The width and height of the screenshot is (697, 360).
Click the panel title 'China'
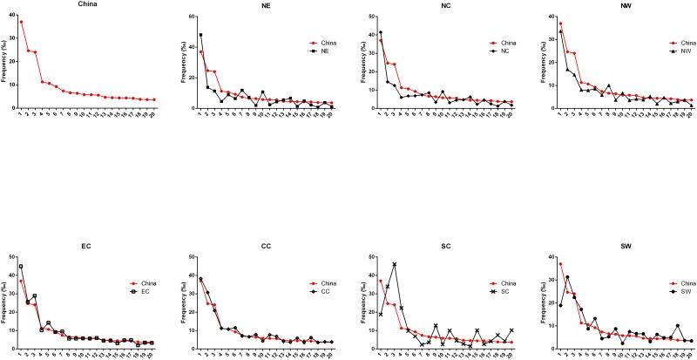(x=86, y=4)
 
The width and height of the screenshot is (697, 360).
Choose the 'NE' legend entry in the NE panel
(x=328, y=51)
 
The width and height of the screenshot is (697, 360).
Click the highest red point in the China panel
(x=22, y=22)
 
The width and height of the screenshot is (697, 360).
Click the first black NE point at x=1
(x=200, y=35)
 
